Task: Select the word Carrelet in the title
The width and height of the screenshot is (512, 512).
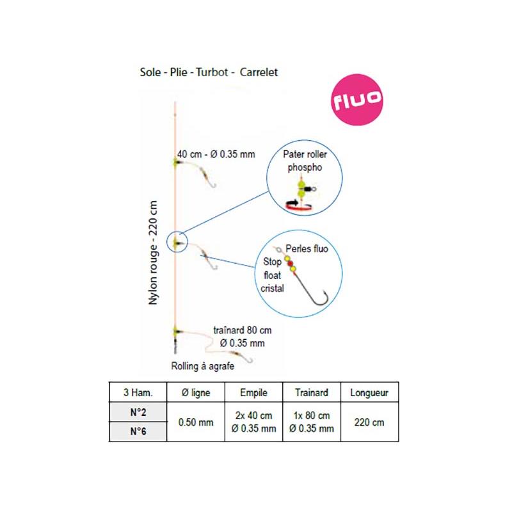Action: tap(264, 73)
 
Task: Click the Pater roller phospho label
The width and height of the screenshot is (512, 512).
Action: tap(305, 161)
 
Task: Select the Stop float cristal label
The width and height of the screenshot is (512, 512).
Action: tap(273, 275)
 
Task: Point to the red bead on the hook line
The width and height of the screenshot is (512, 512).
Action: tap(290, 264)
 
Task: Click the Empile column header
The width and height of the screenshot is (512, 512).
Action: tap(253, 392)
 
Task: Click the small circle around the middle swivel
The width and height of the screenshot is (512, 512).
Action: tap(176, 243)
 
